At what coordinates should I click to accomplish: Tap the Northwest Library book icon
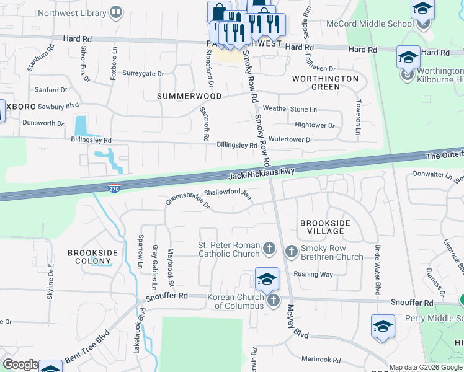click(x=116, y=12)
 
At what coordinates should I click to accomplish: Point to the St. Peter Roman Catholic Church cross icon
click(x=269, y=249)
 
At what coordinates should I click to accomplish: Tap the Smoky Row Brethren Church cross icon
click(x=291, y=252)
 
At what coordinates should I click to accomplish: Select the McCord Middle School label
click(x=370, y=24)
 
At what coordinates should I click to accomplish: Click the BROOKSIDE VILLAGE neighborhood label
click(x=324, y=227)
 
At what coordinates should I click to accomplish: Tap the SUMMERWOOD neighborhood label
click(x=189, y=96)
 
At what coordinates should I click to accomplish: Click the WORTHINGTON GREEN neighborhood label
click(x=325, y=82)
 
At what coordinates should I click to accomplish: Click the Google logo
click(x=20, y=365)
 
